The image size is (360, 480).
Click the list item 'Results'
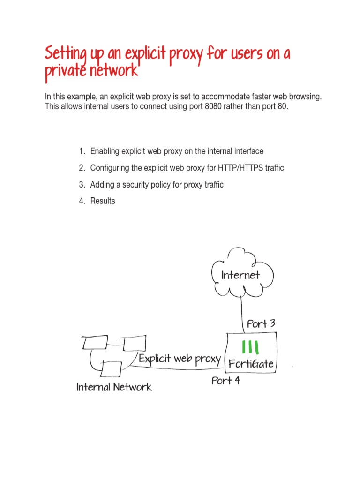pyautogui.click(x=103, y=201)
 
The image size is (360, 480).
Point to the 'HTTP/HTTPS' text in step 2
pyautogui.click(x=242, y=168)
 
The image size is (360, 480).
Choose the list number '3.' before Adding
pyautogui.click(x=82, y=185)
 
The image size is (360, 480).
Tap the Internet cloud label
pyautogui.click(x=240, y=275)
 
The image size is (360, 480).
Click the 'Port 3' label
pyautogui.click(x=261, y=324)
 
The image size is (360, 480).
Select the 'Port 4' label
pyautogui.click(x=225, y=381)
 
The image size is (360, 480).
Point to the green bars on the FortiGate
pyautogui.click(x=251, y=347)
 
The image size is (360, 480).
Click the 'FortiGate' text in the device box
pyautogui.click(x=251, y=364)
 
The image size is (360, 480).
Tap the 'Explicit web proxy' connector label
pyautogui.click(x=180, y=359)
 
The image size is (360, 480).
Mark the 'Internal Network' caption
pyautogui.click(x=114, y=387)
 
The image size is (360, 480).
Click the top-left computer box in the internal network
pyautogui.click(x=95, y=343)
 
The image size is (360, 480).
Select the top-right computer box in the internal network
pyautogui.click(x=135, y=343)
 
